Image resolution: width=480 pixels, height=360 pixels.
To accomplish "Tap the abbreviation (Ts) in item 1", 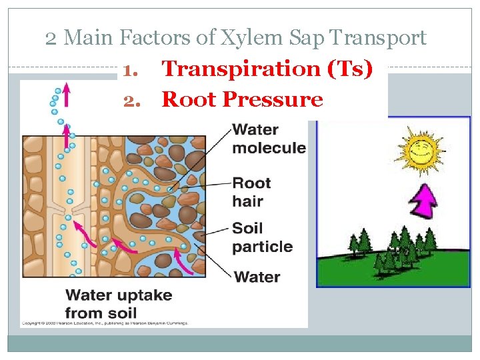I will [x=351, y=68].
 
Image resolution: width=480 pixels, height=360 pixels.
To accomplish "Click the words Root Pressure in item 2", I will [x=243, y=99].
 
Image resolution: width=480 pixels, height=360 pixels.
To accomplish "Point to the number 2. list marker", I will [x=133, y=100].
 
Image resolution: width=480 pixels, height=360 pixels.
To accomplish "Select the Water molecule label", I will [x=268, y=138].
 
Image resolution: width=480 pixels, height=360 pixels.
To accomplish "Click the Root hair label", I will [x=251, y=192].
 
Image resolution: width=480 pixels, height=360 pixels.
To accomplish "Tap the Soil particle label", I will [x=262, y=237].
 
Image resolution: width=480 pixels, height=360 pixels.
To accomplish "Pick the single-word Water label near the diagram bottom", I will [x=257, y=276].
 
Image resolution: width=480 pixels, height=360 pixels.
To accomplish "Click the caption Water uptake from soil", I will [x=119, y=303].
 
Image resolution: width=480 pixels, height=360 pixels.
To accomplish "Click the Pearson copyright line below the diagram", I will [x=105, y=323].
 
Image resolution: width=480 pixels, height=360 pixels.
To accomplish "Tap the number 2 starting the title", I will [x=52, y=39].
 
